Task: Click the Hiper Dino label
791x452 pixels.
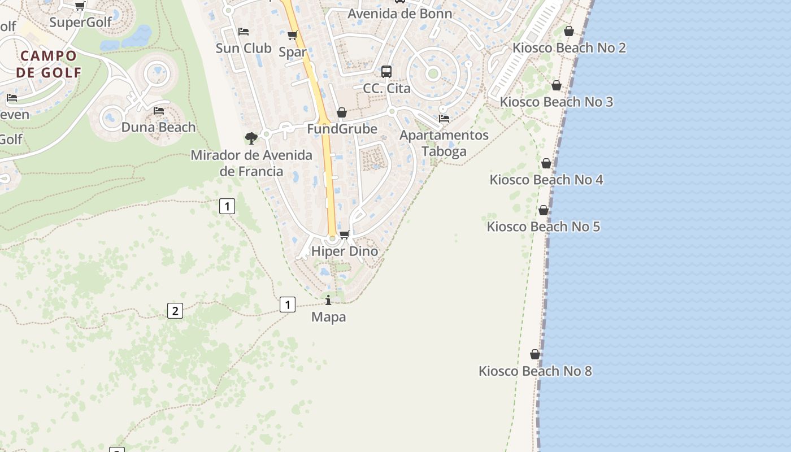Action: (345, 251)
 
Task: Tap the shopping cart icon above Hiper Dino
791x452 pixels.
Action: (344, 234)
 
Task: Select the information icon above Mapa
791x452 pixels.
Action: (328, 300)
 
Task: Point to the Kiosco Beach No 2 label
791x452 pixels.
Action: (569, 47)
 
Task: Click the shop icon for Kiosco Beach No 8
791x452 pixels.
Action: (535, 354)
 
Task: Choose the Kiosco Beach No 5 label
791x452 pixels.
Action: (544, 227)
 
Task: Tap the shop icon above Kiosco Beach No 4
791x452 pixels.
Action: (546, 163)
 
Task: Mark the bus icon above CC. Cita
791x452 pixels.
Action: (386, 72)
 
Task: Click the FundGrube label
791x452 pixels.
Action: (342, 129)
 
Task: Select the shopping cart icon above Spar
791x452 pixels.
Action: (293, 36)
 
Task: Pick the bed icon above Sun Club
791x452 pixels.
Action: (244, 32)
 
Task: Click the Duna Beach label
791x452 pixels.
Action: (159, 127)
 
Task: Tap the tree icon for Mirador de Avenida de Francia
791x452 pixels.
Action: (251, 138)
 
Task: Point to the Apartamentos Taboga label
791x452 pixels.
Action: (444, 143)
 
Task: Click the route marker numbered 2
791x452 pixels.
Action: (175, 310)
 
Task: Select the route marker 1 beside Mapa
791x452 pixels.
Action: (288, 305)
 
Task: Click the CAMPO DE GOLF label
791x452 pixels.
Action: (49, 64)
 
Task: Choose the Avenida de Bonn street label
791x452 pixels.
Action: (399, 14)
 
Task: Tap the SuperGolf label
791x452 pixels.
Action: (80, 22)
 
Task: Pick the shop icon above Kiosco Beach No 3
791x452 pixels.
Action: (557, 85)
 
